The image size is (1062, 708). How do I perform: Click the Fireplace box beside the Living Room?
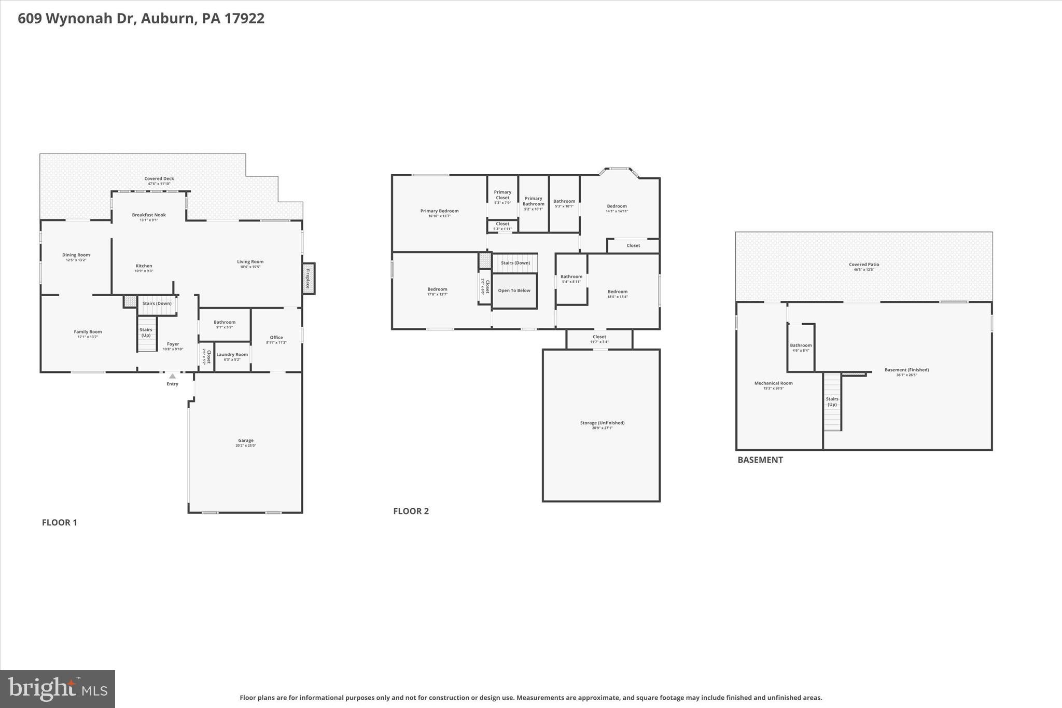coord(309,279)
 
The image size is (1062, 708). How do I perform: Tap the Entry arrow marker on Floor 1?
coord(172,377)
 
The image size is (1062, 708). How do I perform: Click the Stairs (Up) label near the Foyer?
coord(146,332)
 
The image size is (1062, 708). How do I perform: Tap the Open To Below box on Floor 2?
coord(514,290)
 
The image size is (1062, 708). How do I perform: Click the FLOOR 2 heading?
coord(411,511)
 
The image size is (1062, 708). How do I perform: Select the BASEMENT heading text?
coord(760,460)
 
